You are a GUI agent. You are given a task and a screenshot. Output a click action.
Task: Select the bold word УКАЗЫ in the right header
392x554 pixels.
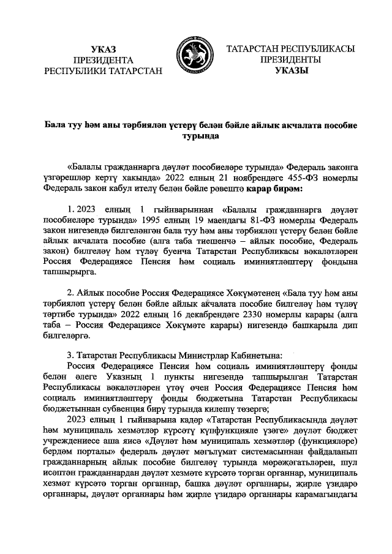tap(292, 71)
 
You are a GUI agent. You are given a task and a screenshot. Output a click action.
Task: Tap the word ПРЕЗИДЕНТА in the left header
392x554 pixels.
tap(103, 60)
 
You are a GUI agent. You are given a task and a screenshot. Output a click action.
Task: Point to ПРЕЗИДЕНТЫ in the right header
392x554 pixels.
tap(292, 60)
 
